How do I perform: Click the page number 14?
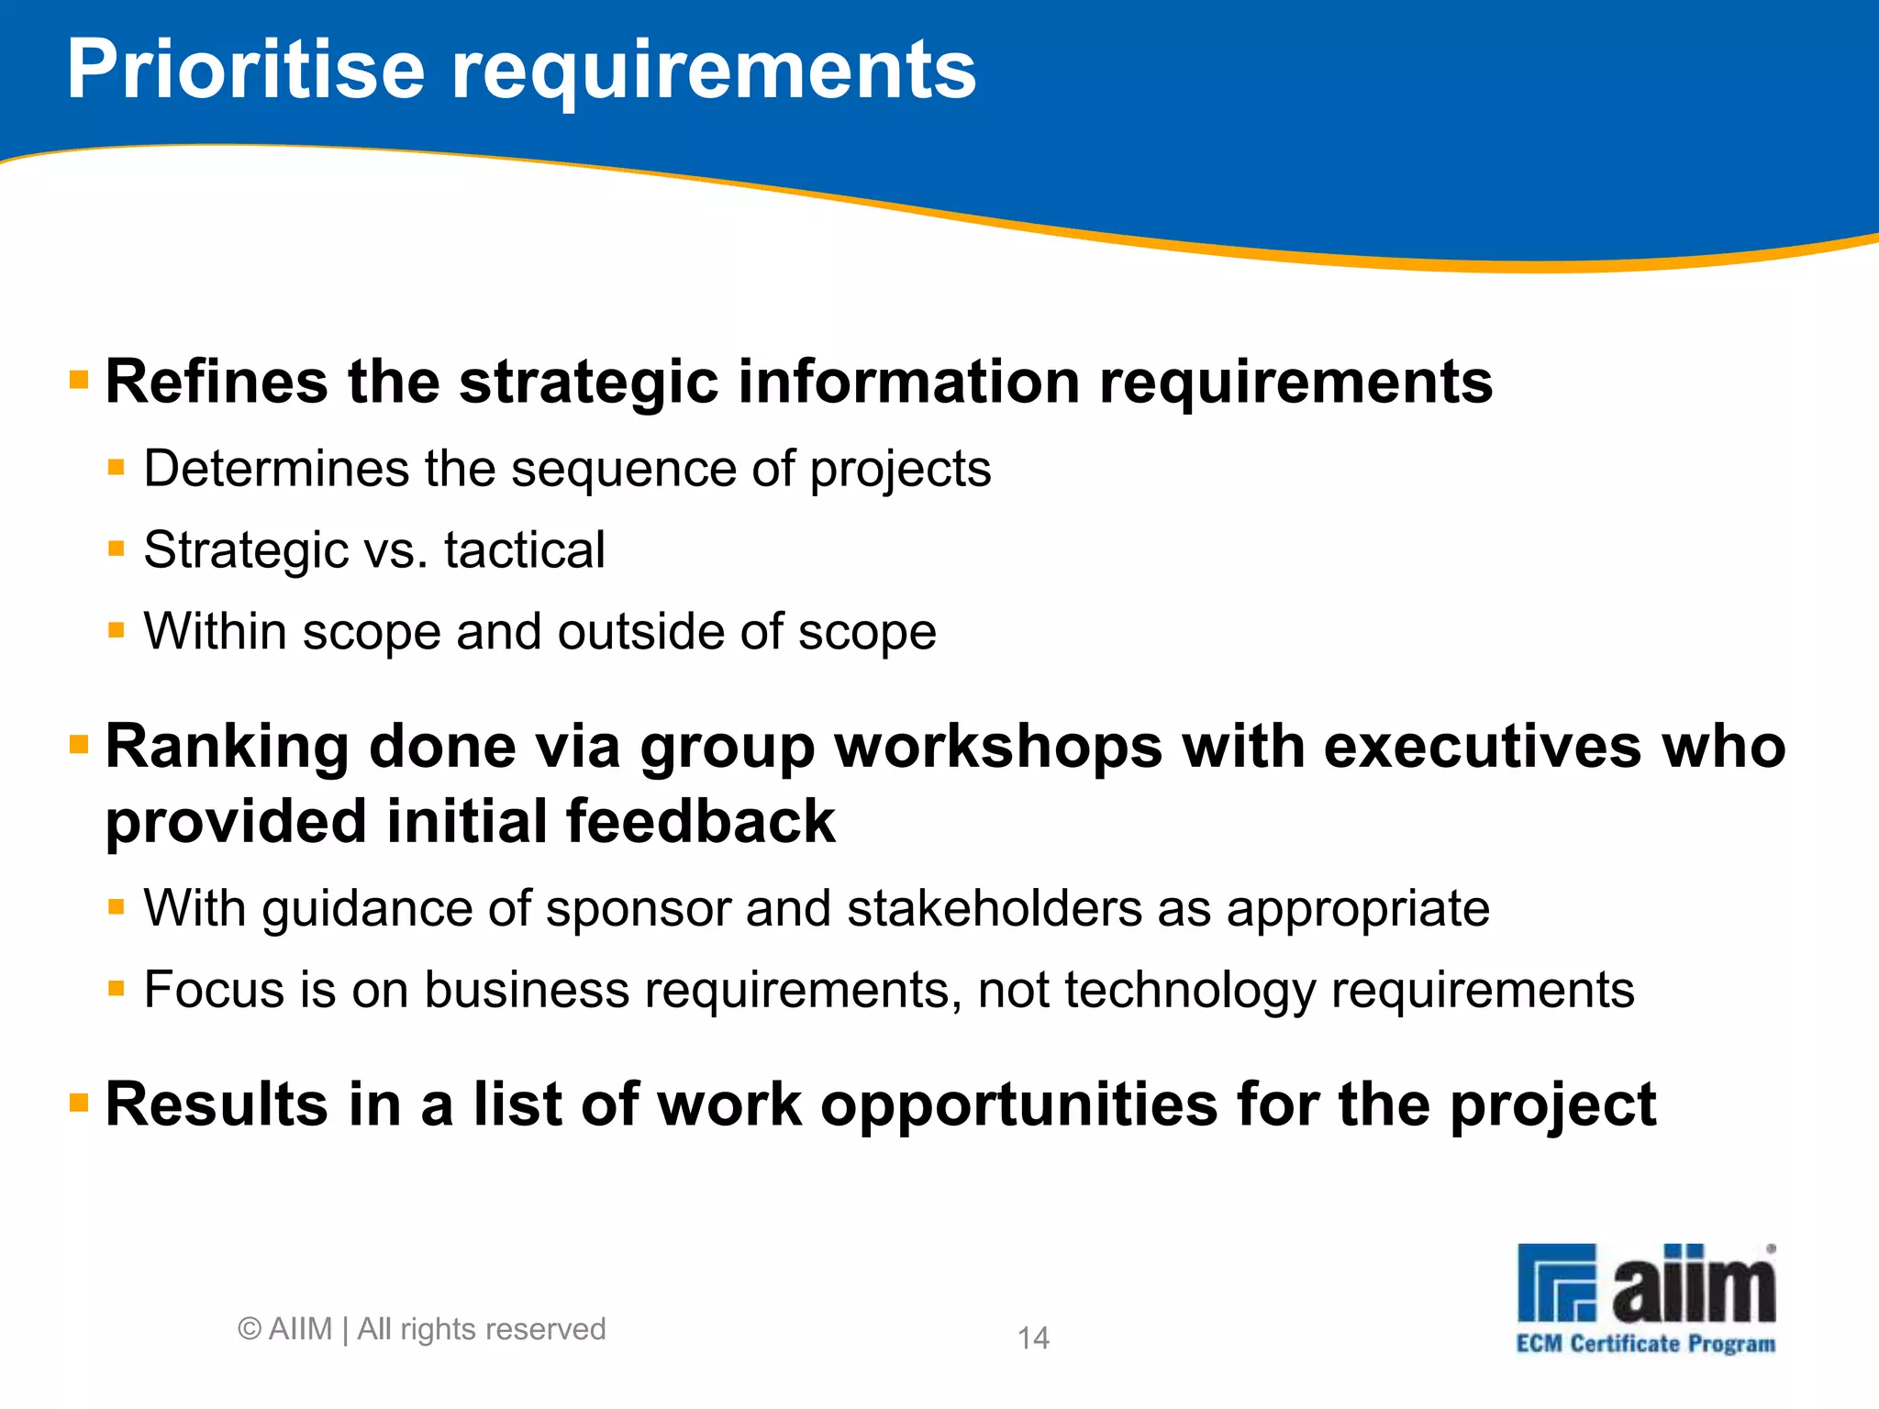[1033, 1338]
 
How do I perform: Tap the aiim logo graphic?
[1646, 1283]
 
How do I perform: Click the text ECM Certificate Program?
[1646, 1344]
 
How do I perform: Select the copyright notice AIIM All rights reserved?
[422, 1329]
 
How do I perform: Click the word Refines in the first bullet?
[217, 382]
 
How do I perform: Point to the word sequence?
[623, 469]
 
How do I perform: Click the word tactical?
[524, 550]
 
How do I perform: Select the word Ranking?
[228, 748]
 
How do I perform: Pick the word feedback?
[701, 821]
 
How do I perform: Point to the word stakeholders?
[994, 909]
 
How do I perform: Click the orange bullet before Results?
[79, 1102]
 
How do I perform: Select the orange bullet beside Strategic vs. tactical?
[116, 549]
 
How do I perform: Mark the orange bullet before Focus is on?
[116, 988]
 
